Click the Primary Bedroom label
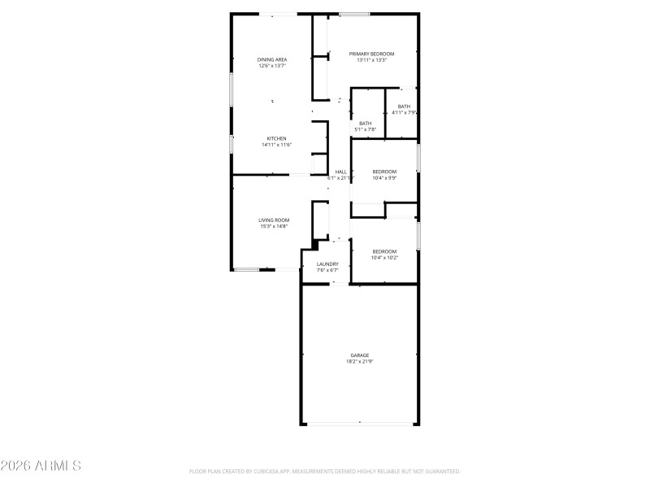click(372, 54)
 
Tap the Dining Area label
click(272, 59)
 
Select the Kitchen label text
click(276, 139)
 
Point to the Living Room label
click(274, 220)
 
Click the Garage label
click(360, 355)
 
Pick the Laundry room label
click(327, 264)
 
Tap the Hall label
click(341, 172)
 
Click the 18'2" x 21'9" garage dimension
click(360, 362)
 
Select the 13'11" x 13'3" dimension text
click(372, 60)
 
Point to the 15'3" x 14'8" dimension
click(274, 227)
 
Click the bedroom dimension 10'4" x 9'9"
click(384, 178)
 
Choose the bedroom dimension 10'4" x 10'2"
click(384, 258)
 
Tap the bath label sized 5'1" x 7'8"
click(366, 124)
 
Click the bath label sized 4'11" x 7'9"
click(404, 107)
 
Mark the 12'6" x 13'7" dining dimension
click(272, 66)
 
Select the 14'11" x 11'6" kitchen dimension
click(276, 146)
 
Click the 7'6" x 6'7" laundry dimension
click(327, 271)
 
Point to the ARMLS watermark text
click(41, 466)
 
